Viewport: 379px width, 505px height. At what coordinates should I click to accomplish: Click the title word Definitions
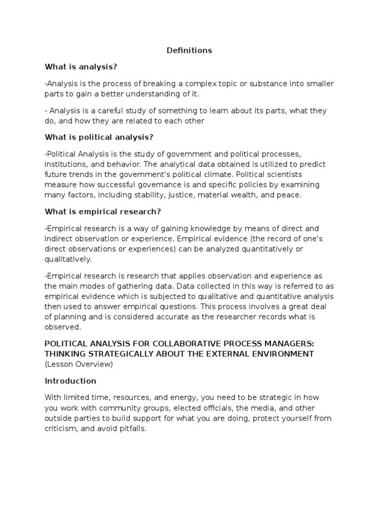click(x=189, y=50)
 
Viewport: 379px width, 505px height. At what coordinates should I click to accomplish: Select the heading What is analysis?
click(x=81, y=67)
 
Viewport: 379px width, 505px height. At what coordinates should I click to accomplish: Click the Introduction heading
click(x=71, y=381)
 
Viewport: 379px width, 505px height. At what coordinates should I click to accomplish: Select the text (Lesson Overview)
click(x=79, y=364)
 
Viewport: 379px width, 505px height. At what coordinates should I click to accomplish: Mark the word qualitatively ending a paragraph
click(x=68, y=258)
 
